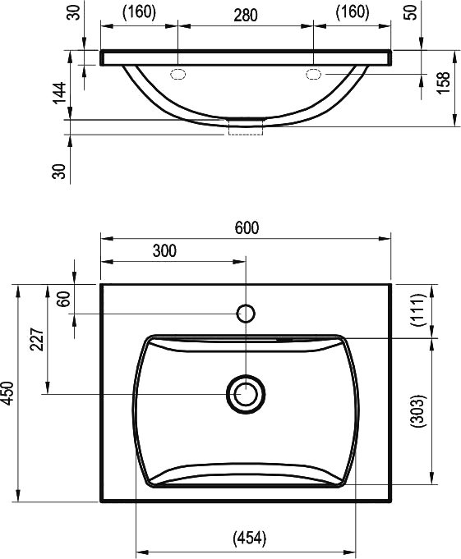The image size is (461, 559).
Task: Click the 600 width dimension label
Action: coord(247,228)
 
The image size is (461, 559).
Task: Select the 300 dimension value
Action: coord(164,251)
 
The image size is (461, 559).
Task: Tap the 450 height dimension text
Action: coord(8,393)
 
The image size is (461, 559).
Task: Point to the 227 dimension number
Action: coord(37,339)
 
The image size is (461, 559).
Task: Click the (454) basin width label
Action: coord(250,538)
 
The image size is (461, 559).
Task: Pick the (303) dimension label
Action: coord(417,410)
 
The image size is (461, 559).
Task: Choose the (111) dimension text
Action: coord(417,309)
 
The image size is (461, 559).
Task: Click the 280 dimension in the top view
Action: coord(246,16)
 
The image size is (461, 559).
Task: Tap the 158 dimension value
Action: coord(444,83)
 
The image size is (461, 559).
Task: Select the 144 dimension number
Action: coord(59,93)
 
